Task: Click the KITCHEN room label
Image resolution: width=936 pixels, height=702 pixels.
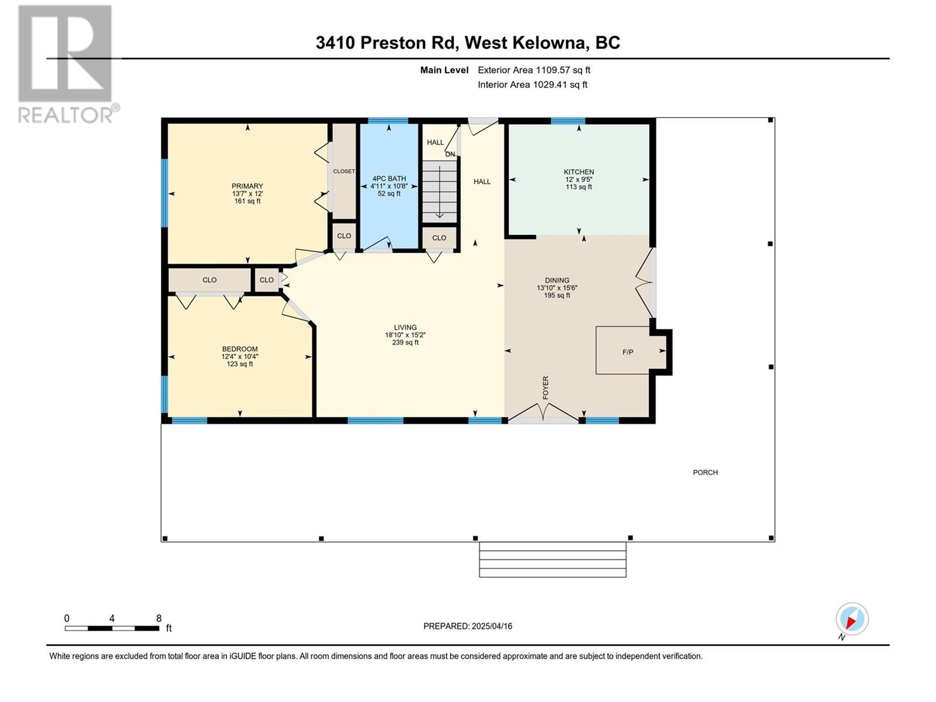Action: click(579, 172)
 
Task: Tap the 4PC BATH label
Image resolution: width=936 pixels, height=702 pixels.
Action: click(388, 178)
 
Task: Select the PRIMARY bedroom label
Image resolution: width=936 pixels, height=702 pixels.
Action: click(247, 186)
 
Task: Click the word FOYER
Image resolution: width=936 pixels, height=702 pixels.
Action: click(546, 388)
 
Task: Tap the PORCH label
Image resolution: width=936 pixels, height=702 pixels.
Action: click(705, 472)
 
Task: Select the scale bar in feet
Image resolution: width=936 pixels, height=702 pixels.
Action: click(112, 628)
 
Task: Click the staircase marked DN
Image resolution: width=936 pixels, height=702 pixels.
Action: click(439, 191)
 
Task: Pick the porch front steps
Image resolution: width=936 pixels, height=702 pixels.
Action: click(552, 560)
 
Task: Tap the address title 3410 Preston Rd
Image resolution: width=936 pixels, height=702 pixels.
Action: click(467, 43)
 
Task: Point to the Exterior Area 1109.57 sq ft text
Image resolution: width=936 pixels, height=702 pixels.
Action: click(534, 70)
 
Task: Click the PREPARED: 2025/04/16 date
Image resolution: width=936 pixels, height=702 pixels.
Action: click(467, 626)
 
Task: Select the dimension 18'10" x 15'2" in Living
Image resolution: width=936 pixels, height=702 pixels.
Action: click(405, 335)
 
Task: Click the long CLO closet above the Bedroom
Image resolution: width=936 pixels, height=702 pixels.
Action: click(209, 280)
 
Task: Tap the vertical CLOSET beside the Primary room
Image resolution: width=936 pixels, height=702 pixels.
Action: click(344, 171)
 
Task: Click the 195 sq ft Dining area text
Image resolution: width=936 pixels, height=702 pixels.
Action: click(557, 295)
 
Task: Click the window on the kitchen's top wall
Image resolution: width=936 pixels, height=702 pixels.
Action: click(567, 121)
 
